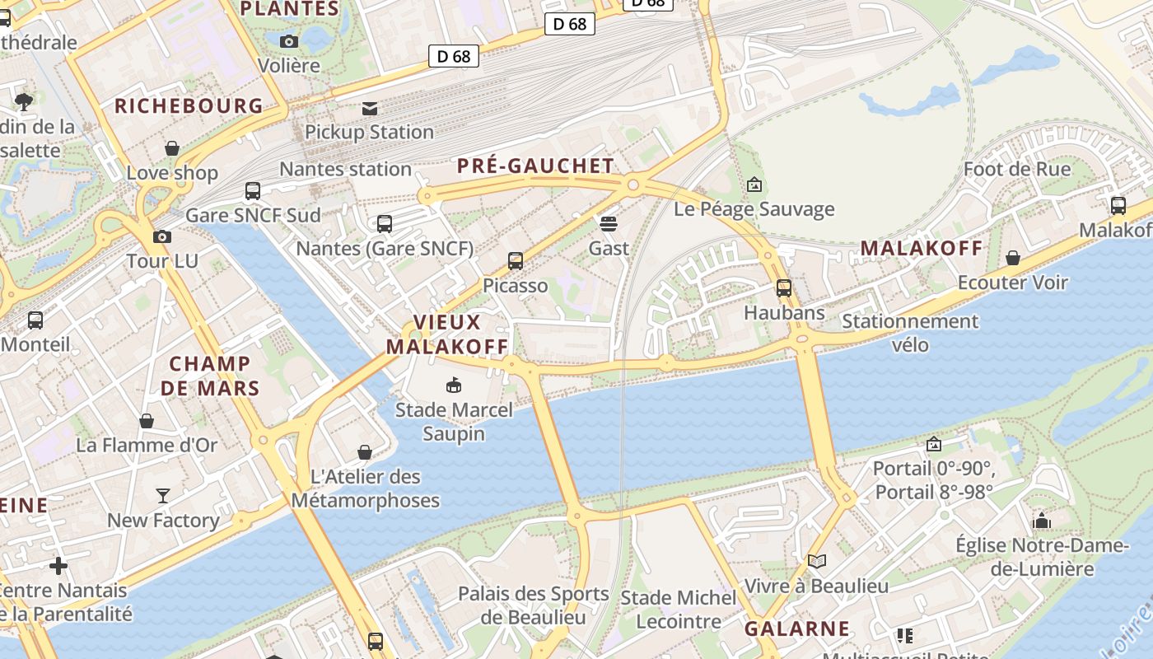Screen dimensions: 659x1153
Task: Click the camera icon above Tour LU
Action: [x=162, y=237]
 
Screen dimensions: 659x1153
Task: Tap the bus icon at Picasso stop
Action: [x=516, y=261]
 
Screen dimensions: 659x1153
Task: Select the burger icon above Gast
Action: [x=609, y=224]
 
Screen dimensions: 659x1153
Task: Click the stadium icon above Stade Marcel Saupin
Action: [x=453, y=385]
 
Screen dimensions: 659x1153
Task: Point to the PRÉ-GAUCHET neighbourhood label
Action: [x=535, y=166]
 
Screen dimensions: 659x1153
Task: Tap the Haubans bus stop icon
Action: [x=783, y=288]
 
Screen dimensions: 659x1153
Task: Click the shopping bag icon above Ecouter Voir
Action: [x=1013, y=259]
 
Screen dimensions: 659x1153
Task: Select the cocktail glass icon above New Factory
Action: [x=163, y=496]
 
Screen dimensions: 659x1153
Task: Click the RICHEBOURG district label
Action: [x=189, y=106]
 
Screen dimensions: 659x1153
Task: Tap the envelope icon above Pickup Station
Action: [x=369, y=108]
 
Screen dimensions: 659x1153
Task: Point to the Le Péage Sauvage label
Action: [x=754, y=209]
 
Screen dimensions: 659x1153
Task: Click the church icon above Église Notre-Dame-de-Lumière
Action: [x=1042, y=521]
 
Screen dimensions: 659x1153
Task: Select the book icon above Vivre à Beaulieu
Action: [x=816, y=562]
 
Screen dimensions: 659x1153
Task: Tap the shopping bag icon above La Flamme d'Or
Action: [x=147, y=422]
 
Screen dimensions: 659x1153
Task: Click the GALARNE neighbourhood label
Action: [x=796, y=629]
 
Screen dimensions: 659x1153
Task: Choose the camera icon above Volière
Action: [x=288, y=41]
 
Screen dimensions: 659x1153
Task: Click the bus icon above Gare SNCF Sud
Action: [x=253, y=191]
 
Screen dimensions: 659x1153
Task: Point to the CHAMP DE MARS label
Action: [x=210, y=376]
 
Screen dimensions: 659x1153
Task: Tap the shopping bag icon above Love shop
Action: [x=172, y=149]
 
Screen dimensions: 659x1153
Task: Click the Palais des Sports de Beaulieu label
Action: [x=533, y=605]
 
